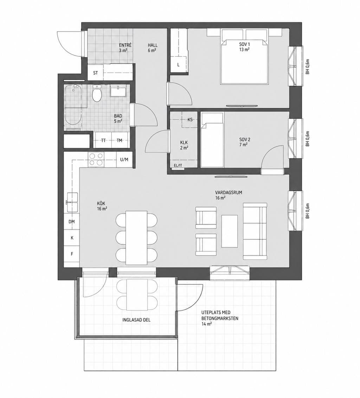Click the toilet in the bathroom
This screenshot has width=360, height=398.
pyautogui.click(x=97, y=93)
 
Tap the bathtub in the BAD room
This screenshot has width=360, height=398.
pyautogui.click(x=73, y=105)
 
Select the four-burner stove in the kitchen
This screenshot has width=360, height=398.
pyautogui.click(x=96, y=159)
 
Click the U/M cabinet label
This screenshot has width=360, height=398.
pyautogui.click(x=124, y=160)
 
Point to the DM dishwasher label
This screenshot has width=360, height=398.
pyautogui.click(x=72, y=222)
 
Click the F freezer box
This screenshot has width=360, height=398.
pyautogui.click(x=72, y=254)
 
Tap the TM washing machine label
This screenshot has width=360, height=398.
pyautogui.click(x=119, y=140)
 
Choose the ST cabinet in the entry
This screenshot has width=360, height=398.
pyautogui.click(x=95, y=73)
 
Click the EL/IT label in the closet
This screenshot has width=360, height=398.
pyautogui.click(x=178, y=165)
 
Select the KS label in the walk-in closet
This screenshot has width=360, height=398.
pyautogui.click(x=190, y=120)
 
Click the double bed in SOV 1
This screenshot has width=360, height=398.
pyautogui.click(x=244, y=61)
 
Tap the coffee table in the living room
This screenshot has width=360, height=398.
pyautogui.click(x=230, y=231)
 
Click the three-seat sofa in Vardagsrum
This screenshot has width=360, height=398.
pyautogui.click(x=255, y=231)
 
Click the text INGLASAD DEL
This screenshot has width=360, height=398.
pyautogui.click(x=136, y=320)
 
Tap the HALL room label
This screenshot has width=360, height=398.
pyautogui.click(x=153, y=45)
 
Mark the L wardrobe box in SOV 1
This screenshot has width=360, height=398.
pyautogui.click(x=179, y=64)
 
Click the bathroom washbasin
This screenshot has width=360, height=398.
pyautogui.click(x=118, y=91)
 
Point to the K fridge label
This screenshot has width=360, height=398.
pyautogui.click(x=72, y=238)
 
